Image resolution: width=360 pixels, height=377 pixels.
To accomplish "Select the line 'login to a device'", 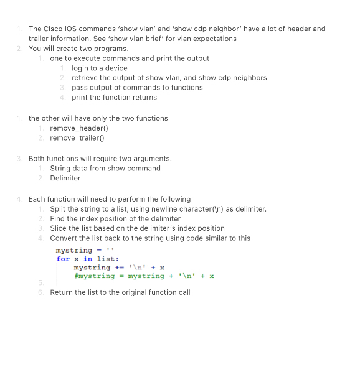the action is tap(99, 68).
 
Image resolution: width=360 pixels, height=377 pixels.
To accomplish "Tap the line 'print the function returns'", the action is tap(114, 97).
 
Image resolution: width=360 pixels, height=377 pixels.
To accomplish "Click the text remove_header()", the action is tap(79, 128).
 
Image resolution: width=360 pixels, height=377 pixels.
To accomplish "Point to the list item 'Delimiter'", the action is tap(65, 178).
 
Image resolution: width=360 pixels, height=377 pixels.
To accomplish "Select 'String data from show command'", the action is tap(105, 168).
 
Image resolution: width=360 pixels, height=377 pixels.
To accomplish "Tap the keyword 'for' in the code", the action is tap(63, 259).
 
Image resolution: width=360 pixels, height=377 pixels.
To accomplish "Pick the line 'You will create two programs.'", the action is tap(78, 49).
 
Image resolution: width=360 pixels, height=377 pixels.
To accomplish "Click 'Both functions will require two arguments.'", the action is tap(100, 158).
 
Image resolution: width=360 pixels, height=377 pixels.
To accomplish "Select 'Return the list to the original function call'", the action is tap(120, 292).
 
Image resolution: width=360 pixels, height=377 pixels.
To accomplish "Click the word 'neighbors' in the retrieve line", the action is tap(250, 78).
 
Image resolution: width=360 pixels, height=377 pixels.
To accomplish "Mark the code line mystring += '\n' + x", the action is tap(119, 268).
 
